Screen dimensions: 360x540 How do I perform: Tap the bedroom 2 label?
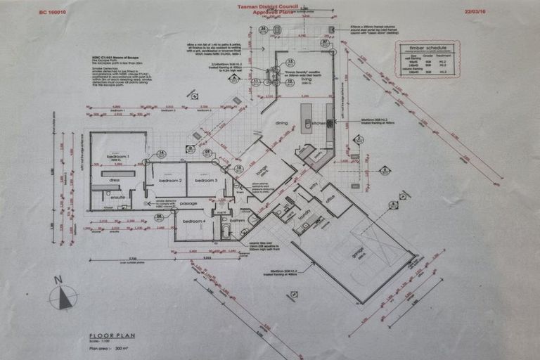(170, 181)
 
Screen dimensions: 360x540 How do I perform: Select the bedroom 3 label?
(207, 181)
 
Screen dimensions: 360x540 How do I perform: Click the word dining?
(281, 123)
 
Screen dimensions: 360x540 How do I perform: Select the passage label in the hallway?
(188, 204)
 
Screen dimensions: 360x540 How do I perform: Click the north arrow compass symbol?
(63, 295)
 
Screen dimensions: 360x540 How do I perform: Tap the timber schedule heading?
(427, 48)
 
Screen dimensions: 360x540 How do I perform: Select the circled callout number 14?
(161, 153)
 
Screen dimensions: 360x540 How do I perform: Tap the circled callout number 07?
(325, 42)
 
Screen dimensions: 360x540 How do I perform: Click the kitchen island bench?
(307, 118)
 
